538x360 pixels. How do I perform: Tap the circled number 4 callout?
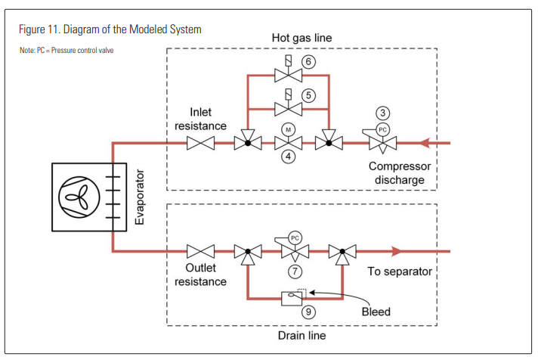coord(288,157)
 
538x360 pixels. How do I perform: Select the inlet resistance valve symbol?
coord(203,142)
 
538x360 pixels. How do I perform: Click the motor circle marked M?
coord(288,129)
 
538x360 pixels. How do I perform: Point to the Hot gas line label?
coord(301,37)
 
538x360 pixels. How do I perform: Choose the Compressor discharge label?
coord(397,172)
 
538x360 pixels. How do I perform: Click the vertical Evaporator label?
coord(138,196)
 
